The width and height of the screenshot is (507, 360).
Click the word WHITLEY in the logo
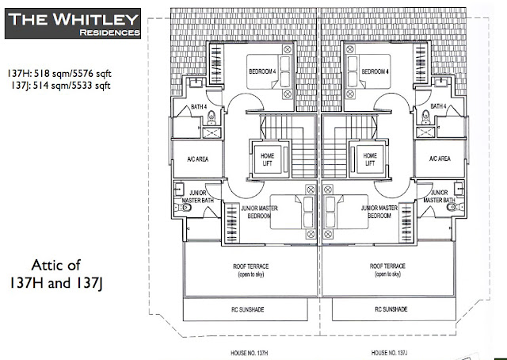pos(96,19)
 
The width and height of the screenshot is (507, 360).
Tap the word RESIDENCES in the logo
pos(109,33)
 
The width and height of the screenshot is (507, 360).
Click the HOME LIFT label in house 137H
pos(268,159)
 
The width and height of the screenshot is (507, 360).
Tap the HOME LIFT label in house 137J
pos(370,159)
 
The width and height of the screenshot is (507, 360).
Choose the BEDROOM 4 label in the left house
pos(262,71)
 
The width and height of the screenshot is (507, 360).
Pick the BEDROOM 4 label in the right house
pos(375,71)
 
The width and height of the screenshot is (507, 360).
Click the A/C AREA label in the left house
pos(197,159)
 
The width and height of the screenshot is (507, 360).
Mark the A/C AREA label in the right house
pos(440,159)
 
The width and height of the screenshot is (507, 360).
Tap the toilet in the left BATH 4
pos(212,118)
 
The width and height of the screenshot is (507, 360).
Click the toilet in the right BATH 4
pos(426,117)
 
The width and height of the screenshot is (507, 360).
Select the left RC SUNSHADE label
pos(248,309)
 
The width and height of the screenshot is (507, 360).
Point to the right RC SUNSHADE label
pos(391,309)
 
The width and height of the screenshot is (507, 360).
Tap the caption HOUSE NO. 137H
pos(250,353)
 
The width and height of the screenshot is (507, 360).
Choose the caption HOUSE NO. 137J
pos(389,353)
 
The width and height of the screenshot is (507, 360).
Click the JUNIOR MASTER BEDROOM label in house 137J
pos(379,212)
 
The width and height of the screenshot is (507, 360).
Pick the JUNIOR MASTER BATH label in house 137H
pos(197,197)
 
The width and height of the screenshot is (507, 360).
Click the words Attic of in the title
pos(55,265)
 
